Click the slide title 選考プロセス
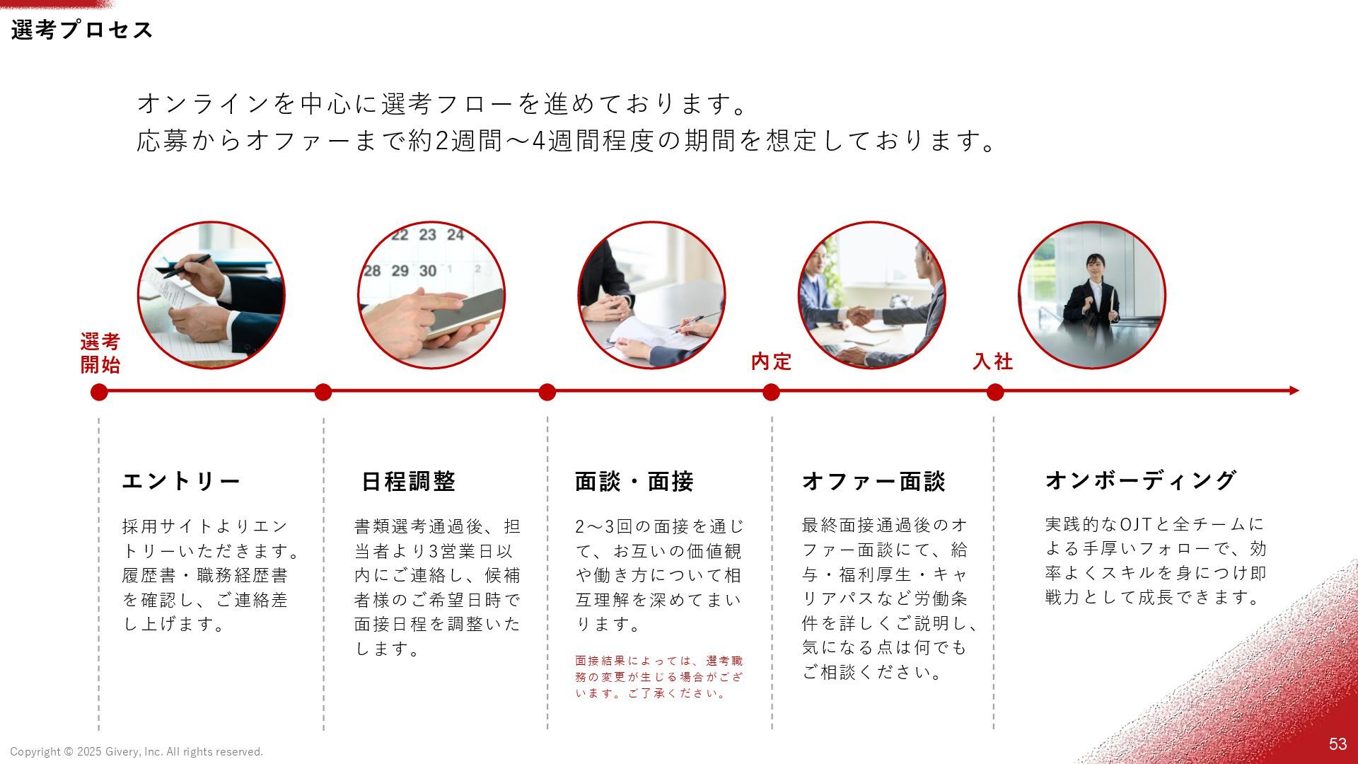pos(81,30)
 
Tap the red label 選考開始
pos(100,353)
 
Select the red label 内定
pos(771,361)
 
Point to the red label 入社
pos(993,361)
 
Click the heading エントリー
pos(181,481)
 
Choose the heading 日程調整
pos(408,481)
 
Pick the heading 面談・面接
pos(634,481)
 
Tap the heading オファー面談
pos(874,481)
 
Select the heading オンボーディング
pos(1140,480)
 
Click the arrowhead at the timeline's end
pos(1294,390)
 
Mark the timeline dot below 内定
pos(771,392)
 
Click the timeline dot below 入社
pos(995,392)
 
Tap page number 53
pos(1337,743)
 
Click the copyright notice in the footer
pos(137,751)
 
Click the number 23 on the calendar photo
pos(427,235)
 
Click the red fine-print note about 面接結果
pos(658,677)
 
